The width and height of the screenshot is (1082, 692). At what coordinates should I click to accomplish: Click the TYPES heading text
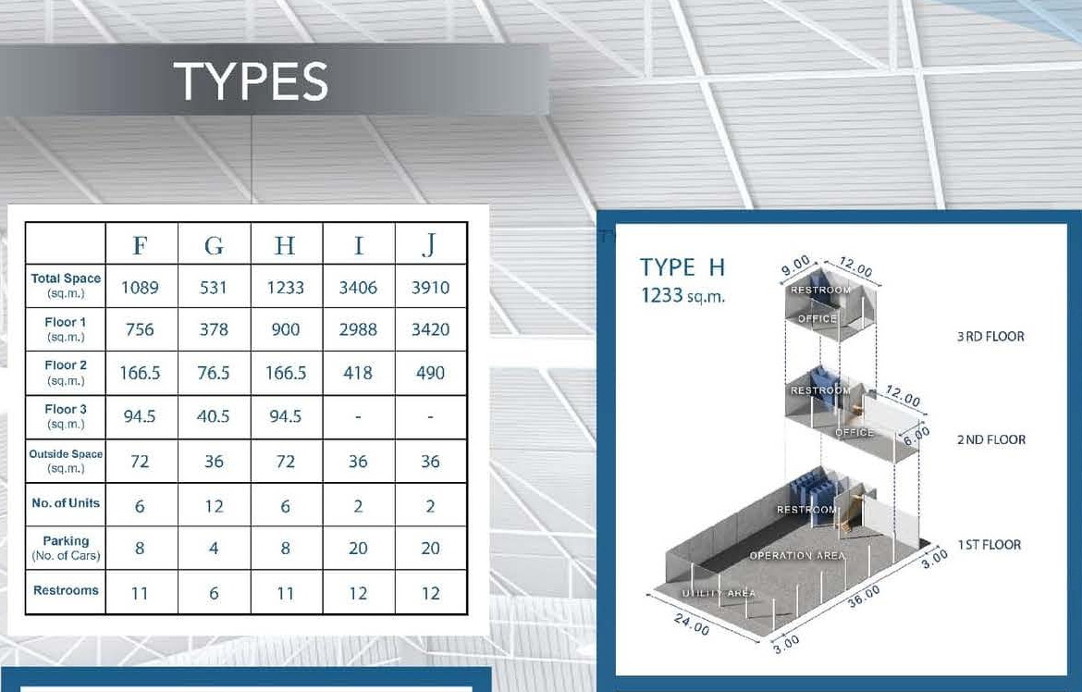pos(251,80)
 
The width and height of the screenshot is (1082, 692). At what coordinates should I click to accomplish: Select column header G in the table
pos(214,245)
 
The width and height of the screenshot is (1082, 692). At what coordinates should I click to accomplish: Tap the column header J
pos(430,244)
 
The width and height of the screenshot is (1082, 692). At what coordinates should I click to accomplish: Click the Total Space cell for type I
pos(358,288)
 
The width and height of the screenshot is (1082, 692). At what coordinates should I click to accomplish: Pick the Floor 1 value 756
pos(140,329)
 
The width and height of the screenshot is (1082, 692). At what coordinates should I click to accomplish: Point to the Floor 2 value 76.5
pos(214,373)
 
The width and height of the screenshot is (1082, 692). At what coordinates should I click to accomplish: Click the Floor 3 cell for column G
pos(214,416)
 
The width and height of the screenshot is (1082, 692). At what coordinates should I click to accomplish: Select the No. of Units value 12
pos(214,506)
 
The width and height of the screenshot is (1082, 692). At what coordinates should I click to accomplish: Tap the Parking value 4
pos(214,549)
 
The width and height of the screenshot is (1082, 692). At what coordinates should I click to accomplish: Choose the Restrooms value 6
pos(214,593)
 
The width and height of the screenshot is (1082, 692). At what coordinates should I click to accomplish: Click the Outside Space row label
pos(66,461)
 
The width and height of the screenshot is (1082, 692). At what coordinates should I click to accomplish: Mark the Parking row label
pos(66,548)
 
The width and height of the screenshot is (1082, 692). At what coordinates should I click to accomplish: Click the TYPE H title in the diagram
pos(682,267)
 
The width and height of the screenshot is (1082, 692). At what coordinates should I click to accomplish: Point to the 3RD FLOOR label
pos(990,337)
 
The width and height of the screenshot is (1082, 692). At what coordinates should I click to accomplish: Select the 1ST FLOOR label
pos(989,544)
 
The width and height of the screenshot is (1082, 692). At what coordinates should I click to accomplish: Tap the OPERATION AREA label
pos(797,555)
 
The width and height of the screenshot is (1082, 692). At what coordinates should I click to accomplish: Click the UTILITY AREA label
pos(719,593)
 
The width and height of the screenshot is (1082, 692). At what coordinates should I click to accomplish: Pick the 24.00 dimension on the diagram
pos(692,624)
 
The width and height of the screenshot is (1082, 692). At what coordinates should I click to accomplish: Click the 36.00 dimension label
pos(864,596)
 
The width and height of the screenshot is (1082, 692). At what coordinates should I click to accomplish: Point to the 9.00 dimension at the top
pos(795,266)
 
